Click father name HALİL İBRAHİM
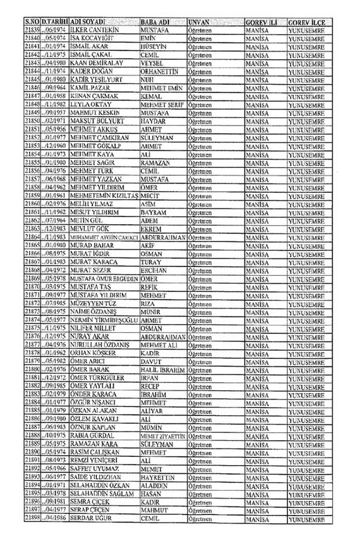[163, 369]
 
